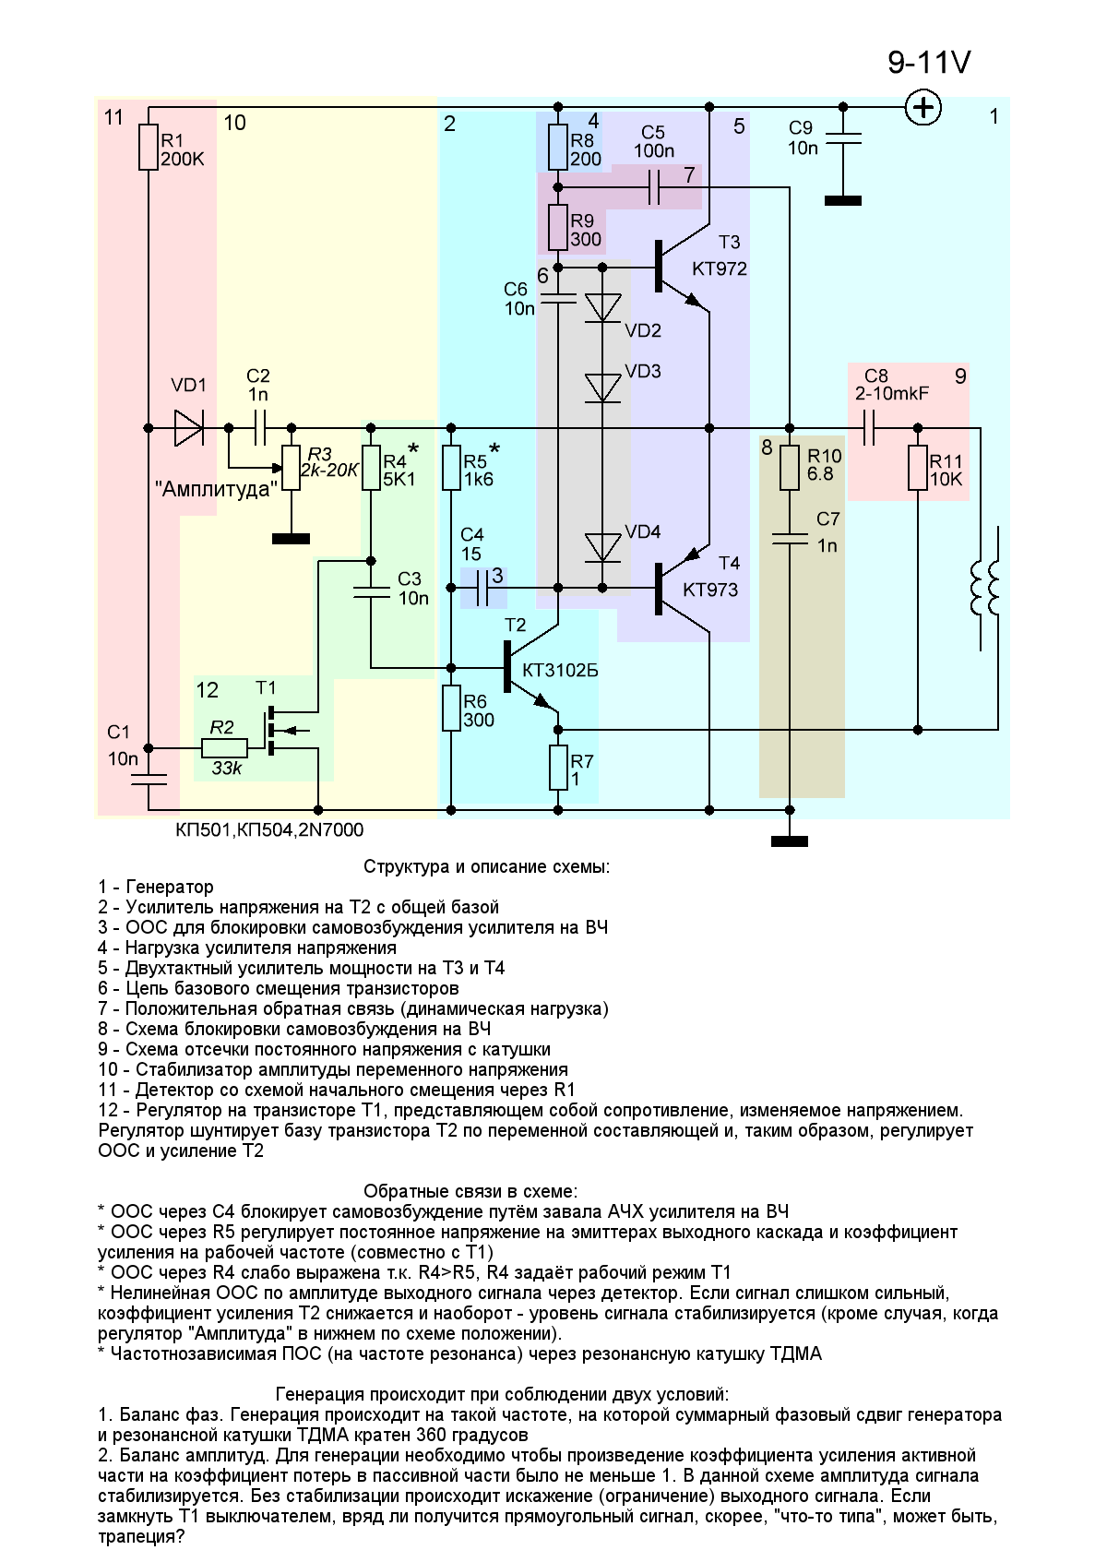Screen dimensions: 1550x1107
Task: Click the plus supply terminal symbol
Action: click(922, 107)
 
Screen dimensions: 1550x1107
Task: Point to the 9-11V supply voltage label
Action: click(929, 62)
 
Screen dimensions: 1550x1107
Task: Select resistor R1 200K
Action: click(149, 148)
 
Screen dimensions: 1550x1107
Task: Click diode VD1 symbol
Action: click(188, 428)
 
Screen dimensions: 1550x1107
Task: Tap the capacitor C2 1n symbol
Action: click(258, 428)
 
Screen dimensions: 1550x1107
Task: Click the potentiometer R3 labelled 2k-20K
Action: click(292, 469)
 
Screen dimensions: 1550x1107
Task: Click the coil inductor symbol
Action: click(984, 589)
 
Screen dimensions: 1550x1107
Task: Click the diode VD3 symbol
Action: click(604, 387)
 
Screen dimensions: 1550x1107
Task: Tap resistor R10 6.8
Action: click(789, 468)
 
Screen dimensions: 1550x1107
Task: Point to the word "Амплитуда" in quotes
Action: click(216, 489)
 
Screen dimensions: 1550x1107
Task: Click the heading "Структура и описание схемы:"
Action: click(486, 867)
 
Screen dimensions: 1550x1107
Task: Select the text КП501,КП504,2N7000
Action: click(269, 830)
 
